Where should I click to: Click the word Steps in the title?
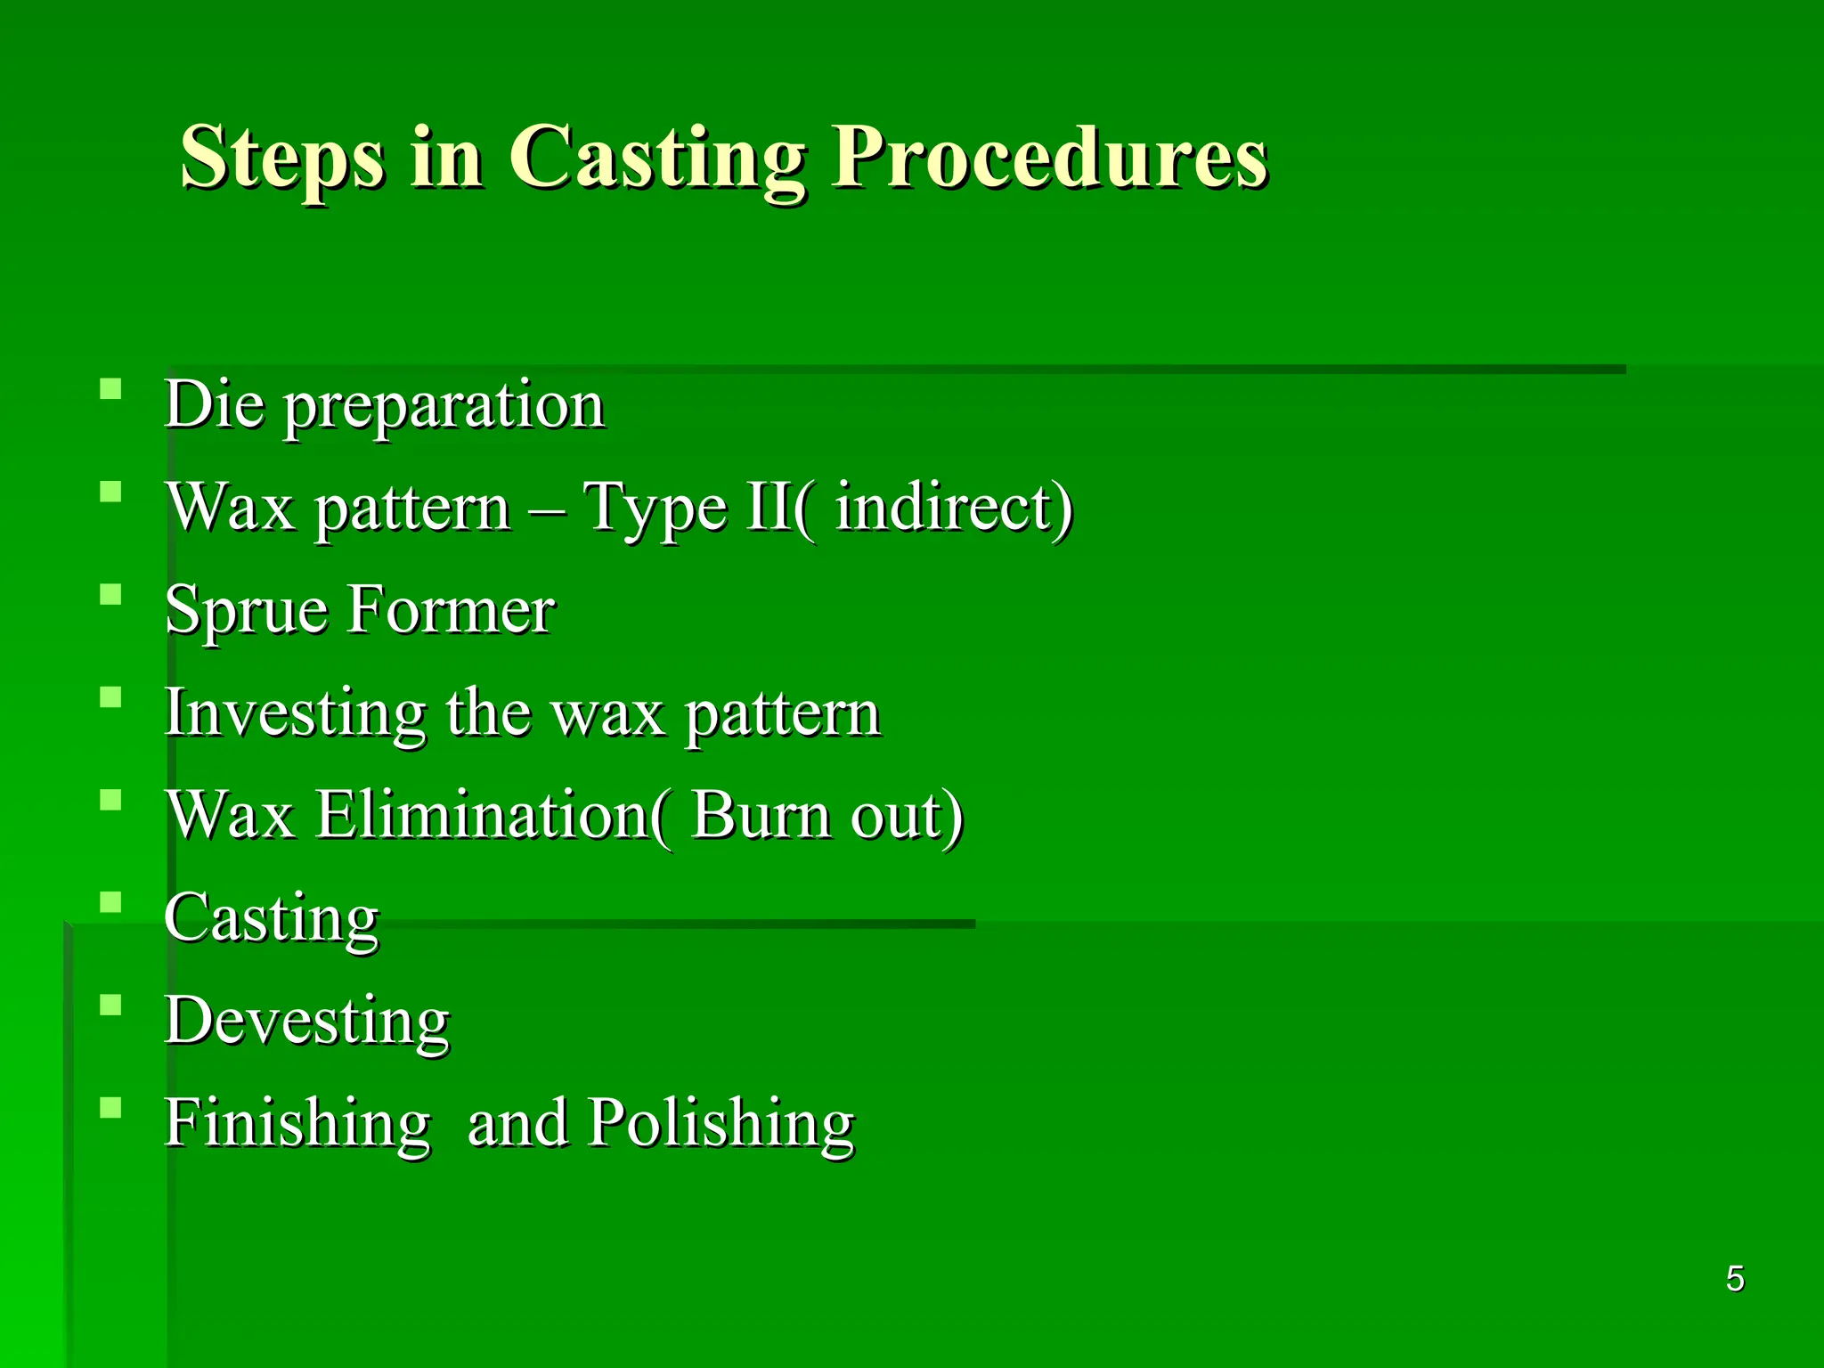coord(282,158)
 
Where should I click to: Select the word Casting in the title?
coord(656,158)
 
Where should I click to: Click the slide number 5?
coord(1735,1279)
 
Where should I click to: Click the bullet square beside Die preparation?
coord(110,389)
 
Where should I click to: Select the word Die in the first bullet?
coord(215,405)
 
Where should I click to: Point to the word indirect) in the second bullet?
coord(954,508)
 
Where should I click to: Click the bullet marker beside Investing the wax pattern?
coord(110,697)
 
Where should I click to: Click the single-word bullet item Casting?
coord(272,918)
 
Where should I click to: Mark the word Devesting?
coord(307,1021)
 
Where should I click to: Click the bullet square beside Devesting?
coord(110,1006)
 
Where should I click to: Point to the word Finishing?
coord(297,1124)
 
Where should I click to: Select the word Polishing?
coord(721,1124)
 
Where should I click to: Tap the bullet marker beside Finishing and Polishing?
coord(110,1108)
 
